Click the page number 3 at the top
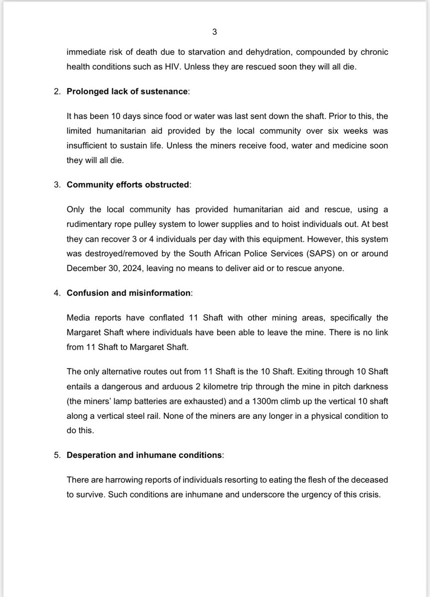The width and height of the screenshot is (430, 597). [214, 32]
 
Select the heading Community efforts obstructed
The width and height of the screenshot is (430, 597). [128, 185]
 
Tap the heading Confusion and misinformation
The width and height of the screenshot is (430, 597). [129, 293]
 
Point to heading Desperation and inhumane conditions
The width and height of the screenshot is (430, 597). [145, 456]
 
